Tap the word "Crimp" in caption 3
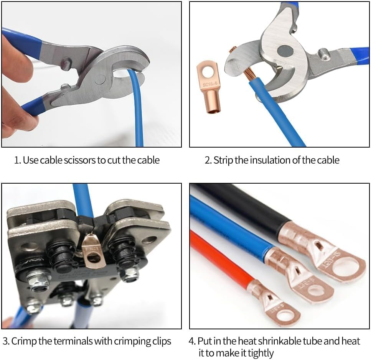click(24, 341)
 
